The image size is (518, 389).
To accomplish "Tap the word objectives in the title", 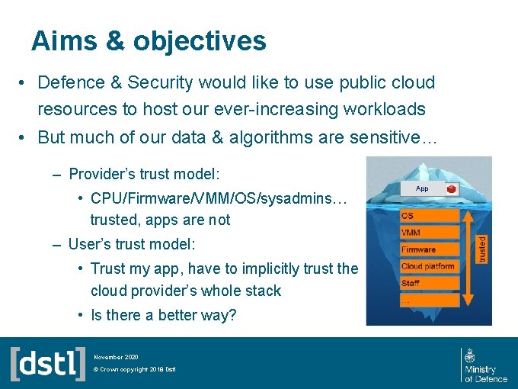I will click(199, 41).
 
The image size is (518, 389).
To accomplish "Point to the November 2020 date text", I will click(116, 356).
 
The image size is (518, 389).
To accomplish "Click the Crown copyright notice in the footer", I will click(135, 370).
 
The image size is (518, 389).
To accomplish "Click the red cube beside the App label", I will click(452, 188).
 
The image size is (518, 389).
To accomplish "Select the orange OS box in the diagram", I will click(430, 216).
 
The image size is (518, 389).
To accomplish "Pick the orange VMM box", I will click(430, 233).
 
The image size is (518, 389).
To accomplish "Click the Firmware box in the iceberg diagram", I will click(430, 249).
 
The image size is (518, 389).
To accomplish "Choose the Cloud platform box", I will click(430, 266).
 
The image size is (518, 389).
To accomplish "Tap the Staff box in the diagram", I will click(430, 283).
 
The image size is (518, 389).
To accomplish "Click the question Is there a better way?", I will click(163, 315).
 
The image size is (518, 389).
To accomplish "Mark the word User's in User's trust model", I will click(86, 244).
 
